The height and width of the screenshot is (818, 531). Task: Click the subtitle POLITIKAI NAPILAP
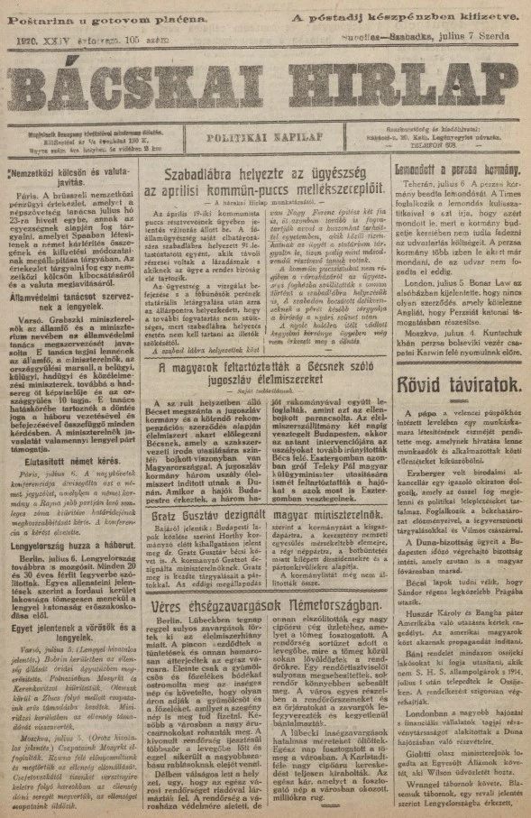tap(265, 139)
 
